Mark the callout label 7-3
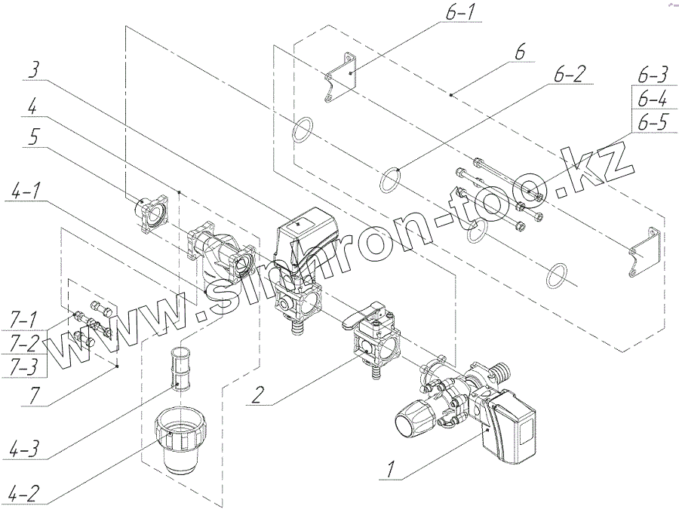coord(25,364)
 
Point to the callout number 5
coord(32,137)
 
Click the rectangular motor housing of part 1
coord(513,430)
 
